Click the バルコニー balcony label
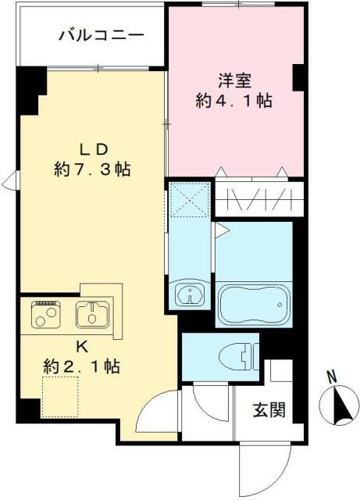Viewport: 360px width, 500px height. pos(91,35)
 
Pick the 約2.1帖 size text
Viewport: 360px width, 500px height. pos(81,365)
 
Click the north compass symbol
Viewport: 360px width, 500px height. pos(337,404)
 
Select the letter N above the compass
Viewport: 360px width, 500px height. pos(331,377)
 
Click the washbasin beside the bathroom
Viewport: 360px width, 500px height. pos(189,295)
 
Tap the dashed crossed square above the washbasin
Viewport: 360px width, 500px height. pos(189,200)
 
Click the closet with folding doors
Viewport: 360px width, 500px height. pos(253,199)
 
